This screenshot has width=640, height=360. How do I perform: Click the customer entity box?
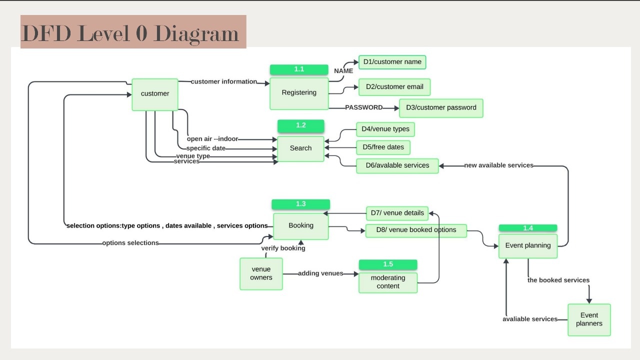pyautogui.click(x=155, y=94)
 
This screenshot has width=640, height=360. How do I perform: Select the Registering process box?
pyautogui.click(x=299, y=93)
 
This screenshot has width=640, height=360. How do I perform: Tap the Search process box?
pyautogui.click(x=300, y=148)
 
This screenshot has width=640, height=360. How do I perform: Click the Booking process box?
pyautogui.click(x=301, y=226)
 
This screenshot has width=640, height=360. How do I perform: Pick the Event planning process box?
pyautogui.click(x=528, y=246)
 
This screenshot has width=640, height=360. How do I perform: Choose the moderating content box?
pyautogui.click(x=388, y=282)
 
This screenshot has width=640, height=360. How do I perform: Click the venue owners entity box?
pyautogui.click(x=261, y=273)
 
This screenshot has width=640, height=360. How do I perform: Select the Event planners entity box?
pyautogui.click(x=589, y=319)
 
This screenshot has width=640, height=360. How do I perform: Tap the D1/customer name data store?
pyautogui.click(x=392, y=62)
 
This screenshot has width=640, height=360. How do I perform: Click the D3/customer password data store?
pyautogui.click(x=441, y=108)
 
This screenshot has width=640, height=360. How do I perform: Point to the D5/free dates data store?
pyautogui.click(x=383, y=147)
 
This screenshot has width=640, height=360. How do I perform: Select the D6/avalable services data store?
pyautogui.click(x=397, y=165)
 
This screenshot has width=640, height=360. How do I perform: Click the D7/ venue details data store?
pyautogui.click(x=397, y=213)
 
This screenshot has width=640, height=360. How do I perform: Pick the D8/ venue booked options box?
pyautogui.click(x=416, y=230)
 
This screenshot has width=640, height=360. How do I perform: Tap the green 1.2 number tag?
pyautogui.click(x=300, y=125)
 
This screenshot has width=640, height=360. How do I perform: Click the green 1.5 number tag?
pyautogui.click(x=388, y=264)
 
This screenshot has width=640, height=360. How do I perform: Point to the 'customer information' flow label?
pyautogui.click(x=223, y=81)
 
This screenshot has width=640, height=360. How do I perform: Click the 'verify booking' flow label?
pyautogui.click(x=283, y=248)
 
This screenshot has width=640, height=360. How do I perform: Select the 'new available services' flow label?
pyautogui.click(x=498, y=165)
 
